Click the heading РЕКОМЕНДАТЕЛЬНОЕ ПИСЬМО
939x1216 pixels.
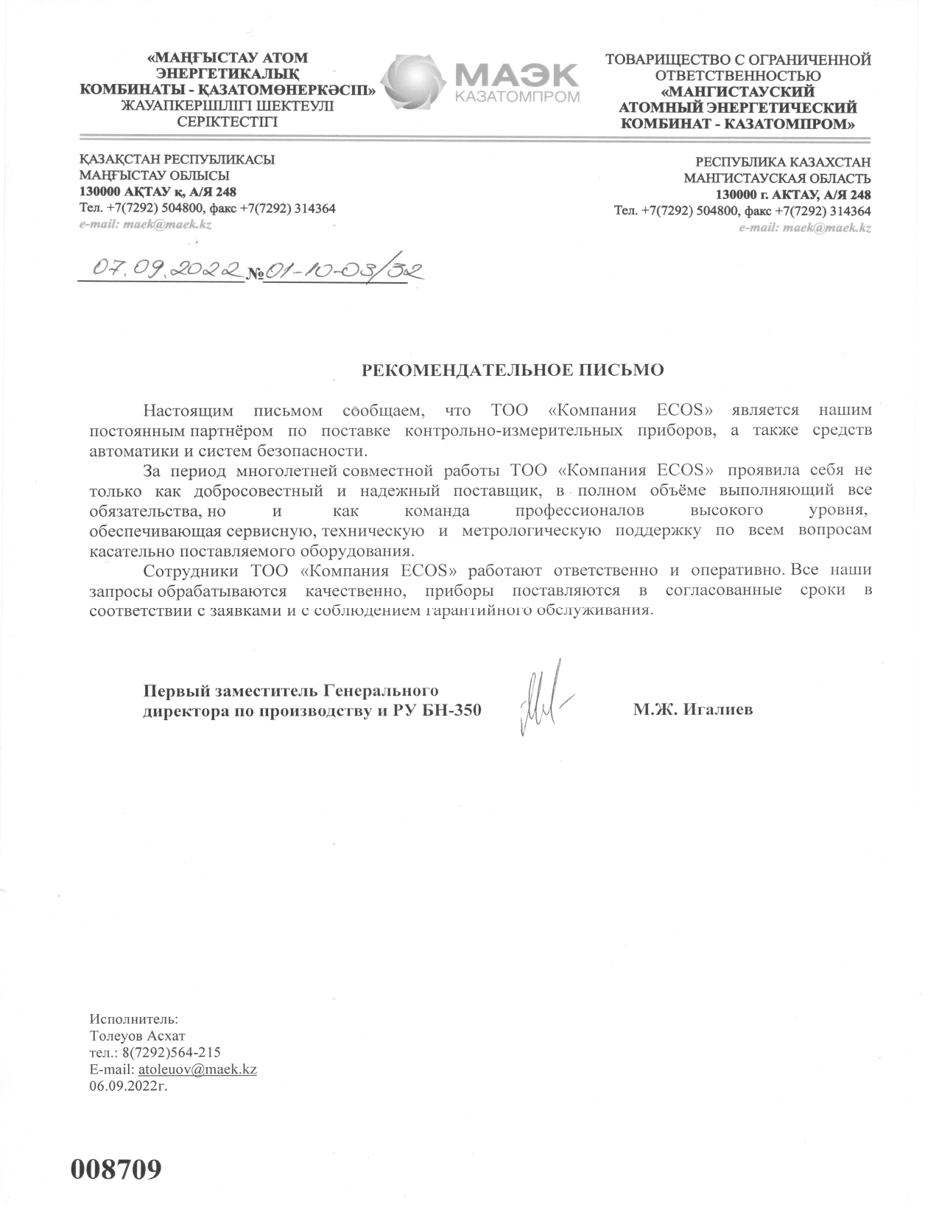(x=513, y=370)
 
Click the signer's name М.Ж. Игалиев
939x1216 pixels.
(x=692, y=710)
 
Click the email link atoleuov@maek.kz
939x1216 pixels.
(x=197, y=1069)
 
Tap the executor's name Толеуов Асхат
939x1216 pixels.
(x=137, y=1036)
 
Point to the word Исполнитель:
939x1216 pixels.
(x=133, y=1020)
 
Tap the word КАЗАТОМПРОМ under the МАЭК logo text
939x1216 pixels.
(x=518, y=97)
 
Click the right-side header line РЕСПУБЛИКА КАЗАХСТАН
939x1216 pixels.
(x=783, y=161)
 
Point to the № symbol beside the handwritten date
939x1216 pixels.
(x=255, y=274)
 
